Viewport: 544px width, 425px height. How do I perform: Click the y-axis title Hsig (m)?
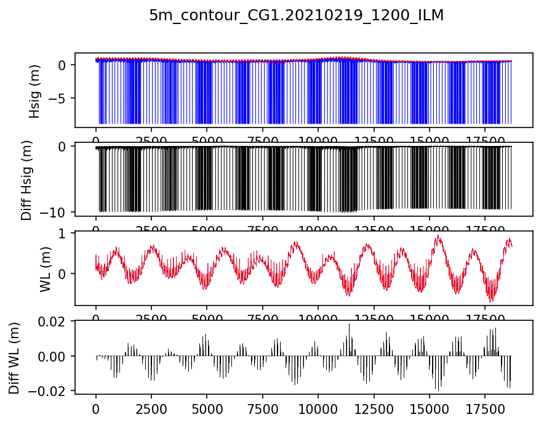[x=35, y=90]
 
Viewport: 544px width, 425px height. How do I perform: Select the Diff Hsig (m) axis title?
[x=26, y=179]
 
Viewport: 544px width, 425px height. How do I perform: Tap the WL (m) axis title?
[x=45, y=268]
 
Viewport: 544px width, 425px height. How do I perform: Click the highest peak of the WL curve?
[x=438, y=235]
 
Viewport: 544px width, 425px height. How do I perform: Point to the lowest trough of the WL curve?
[x=491, y=301]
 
